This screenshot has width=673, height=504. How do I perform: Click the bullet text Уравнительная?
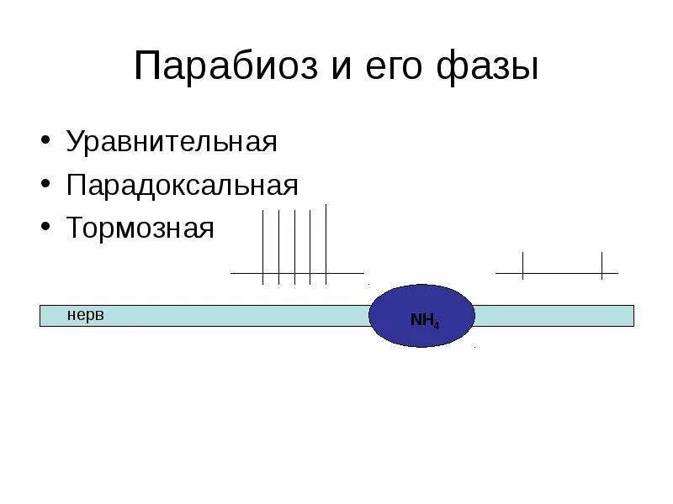click(x=172, y=140)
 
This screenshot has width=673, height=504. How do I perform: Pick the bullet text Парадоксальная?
click(x=183, y=184)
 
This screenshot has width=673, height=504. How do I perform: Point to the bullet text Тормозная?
click(x=140, y=228)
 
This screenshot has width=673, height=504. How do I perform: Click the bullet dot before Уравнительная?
click(x=45, y=140)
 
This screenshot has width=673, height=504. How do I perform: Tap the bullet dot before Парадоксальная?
click(x=45, y=184)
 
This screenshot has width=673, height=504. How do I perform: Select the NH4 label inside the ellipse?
click(x=424, y=320)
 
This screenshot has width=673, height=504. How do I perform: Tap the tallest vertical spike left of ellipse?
click(x=326, y=244)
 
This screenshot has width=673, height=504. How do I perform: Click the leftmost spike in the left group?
click(x=262, y=247)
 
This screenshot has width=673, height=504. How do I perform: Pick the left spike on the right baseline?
click(x=522, y=265)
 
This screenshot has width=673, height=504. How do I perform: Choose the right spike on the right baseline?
click(x=601, y=265)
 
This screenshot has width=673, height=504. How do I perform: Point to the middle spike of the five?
click(x=294, y=247)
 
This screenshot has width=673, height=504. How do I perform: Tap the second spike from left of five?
click(x=278, y=247)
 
